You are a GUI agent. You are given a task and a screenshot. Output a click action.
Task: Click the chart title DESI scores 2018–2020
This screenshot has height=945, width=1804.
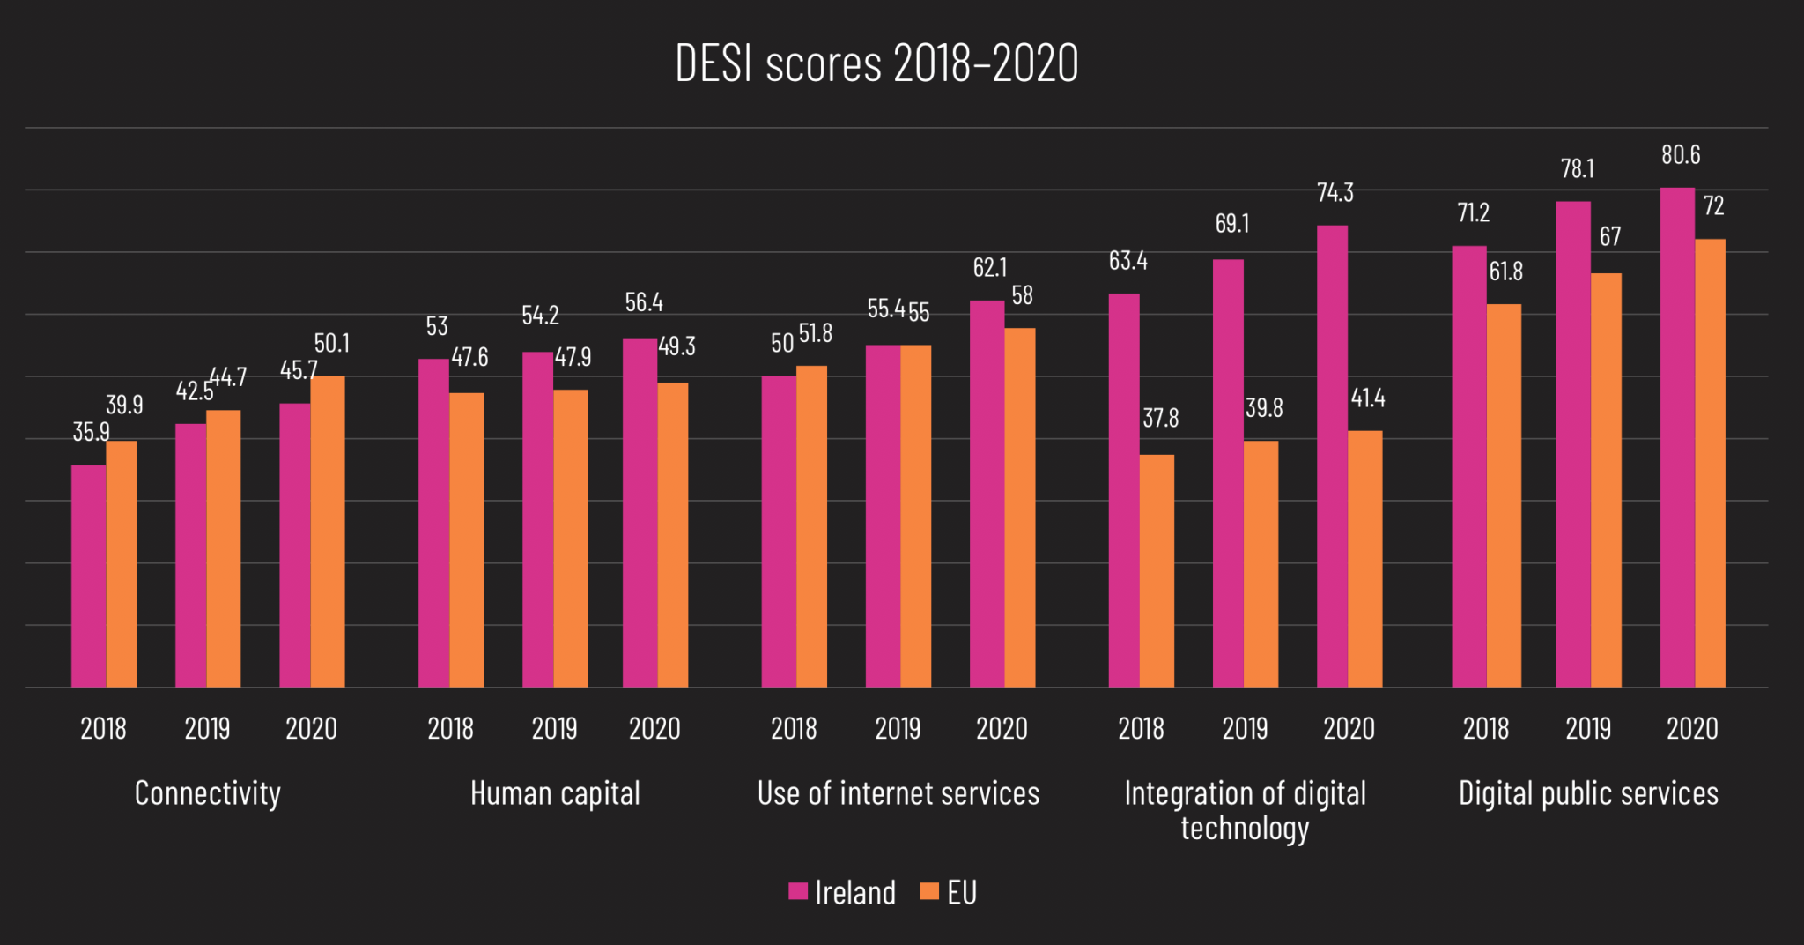pyautogui.click(x=876, y=63)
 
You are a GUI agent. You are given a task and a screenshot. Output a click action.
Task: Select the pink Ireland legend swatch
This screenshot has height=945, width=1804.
pyautogui.click(x=798, y=891)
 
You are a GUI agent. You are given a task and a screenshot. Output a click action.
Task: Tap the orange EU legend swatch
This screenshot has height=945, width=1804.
pyautogui.click(x=928, y=891)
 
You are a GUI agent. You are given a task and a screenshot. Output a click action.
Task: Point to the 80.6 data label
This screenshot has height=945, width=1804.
pyautogui.click(x=1681, y=155)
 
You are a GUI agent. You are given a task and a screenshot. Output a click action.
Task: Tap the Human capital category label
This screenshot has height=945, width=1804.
pyautogui.click(x=555, y=793)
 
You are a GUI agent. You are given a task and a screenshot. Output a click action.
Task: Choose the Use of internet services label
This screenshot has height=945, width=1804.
pyautogui.click(x=898, y=793)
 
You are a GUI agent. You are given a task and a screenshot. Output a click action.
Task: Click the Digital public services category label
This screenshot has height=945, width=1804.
pyautogui.click(x=1588, y=793)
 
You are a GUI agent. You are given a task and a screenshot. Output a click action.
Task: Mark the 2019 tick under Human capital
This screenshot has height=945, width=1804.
pyautogui.click(x=554, y=728)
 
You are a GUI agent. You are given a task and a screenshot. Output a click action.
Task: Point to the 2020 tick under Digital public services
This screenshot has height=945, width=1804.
pyautogui.click(x=1692, y=728)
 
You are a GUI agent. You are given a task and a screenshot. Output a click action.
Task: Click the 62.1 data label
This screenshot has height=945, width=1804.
pyautogui.click(x=990, y=267)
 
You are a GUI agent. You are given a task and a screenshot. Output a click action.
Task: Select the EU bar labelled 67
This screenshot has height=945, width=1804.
pyautogui.click(x=1606, y=480)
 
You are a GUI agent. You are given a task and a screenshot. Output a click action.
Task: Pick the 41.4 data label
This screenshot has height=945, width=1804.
pyautogui.click(x=1368, y=398)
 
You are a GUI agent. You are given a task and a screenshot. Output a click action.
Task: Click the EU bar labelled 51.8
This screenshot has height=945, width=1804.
pyautogui.click(x=811, y=526)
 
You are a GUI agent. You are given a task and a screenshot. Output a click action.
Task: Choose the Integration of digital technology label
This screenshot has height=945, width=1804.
pyautogui.click(x=1245, y=810)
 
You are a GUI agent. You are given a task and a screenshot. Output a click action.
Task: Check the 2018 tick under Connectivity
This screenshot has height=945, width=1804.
pyautogui.click(x=103, y=728)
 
